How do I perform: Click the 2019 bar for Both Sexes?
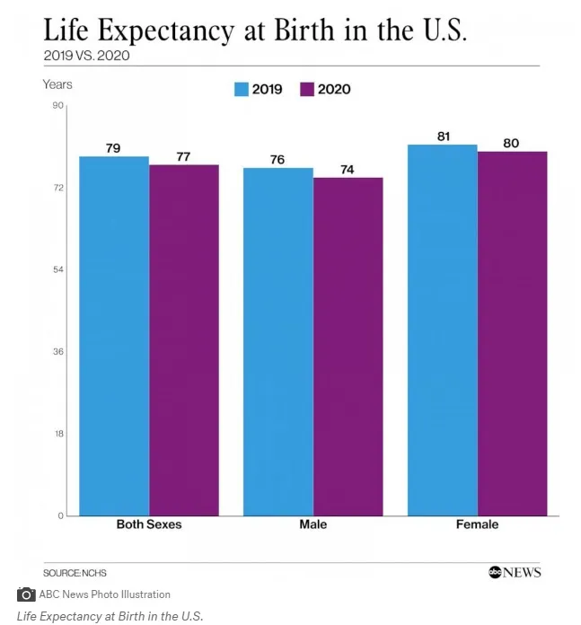114,336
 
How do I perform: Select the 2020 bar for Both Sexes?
184,340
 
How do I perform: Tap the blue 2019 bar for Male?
277,341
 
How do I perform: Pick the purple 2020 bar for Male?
348,347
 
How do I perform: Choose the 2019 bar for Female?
442,330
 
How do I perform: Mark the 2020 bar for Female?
512,333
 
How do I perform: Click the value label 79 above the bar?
113,148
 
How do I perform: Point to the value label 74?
348,169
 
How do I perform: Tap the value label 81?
443,136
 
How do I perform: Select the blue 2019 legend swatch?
241,89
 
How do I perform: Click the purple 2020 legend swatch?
307,89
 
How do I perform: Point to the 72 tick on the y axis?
58,188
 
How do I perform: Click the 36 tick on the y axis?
58,352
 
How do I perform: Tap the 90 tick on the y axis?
58,106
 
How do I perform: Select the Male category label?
313,524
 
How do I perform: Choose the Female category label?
476,524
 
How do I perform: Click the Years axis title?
57,84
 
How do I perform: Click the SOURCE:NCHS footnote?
68,572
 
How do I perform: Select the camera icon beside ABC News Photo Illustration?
26,594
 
